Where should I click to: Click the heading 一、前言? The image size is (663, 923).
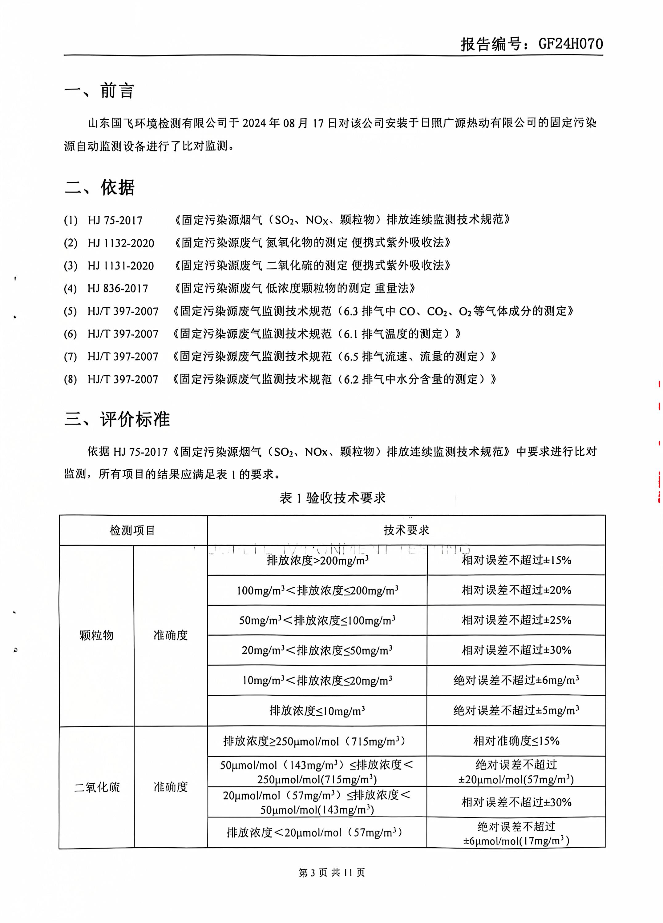99,90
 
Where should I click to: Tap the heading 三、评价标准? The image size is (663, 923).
117,419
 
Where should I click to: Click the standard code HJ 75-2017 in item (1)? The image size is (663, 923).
115,221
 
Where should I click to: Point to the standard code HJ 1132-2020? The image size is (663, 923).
121,243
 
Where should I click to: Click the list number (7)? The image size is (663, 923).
71,357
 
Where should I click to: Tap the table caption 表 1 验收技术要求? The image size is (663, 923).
332,498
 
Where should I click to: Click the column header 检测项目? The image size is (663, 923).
133,530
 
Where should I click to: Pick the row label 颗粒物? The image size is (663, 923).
96,635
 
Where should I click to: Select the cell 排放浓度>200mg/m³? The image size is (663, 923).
317,560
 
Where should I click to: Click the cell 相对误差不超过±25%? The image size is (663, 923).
516,620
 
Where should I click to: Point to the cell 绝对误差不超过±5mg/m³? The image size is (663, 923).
516,711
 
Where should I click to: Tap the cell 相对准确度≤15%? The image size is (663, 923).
516,741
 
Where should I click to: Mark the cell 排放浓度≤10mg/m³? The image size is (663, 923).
317,711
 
